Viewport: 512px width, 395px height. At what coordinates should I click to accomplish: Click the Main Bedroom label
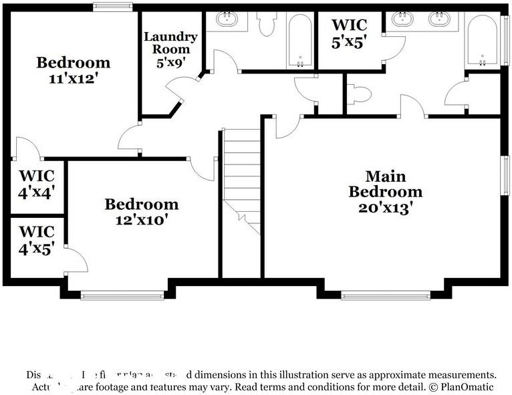click(385, 184)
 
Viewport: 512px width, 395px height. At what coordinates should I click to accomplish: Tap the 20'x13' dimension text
click(385, 207)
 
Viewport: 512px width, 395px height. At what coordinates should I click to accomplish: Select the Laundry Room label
click(170, 42)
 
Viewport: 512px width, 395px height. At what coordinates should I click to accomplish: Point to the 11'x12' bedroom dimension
click(73, 78)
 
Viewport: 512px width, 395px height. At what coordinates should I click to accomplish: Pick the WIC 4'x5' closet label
click(37, 241)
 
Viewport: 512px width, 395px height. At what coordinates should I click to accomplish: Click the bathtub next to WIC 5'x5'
click(301, 41)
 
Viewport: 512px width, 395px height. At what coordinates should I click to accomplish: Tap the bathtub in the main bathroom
click(482, 39)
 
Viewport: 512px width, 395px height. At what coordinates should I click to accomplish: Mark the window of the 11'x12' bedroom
click(112, 7)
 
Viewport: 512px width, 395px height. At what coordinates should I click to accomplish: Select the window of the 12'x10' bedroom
click(122, 295)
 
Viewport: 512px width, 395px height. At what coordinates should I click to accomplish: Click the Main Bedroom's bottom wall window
click(386, 295)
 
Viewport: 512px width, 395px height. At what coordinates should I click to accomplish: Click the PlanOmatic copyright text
click(461, 386)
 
